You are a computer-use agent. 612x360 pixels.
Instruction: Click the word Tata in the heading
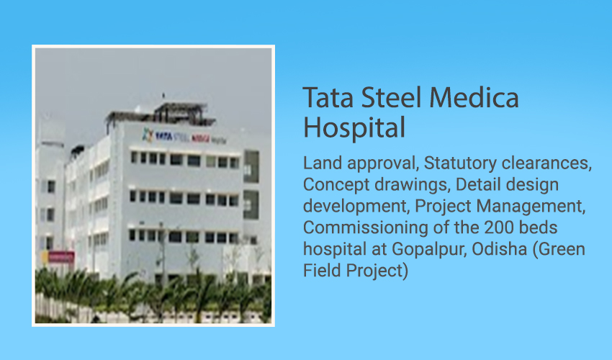point(328,97)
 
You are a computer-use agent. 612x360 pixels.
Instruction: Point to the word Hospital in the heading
point(354,127)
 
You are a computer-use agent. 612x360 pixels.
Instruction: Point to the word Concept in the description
point(336,185)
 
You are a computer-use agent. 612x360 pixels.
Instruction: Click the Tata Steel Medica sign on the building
point(184,137)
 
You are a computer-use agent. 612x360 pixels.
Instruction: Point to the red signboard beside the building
point(61,257)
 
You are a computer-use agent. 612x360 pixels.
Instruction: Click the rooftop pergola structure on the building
point(161,113)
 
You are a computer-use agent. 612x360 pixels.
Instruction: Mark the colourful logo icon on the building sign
point(148,135)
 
